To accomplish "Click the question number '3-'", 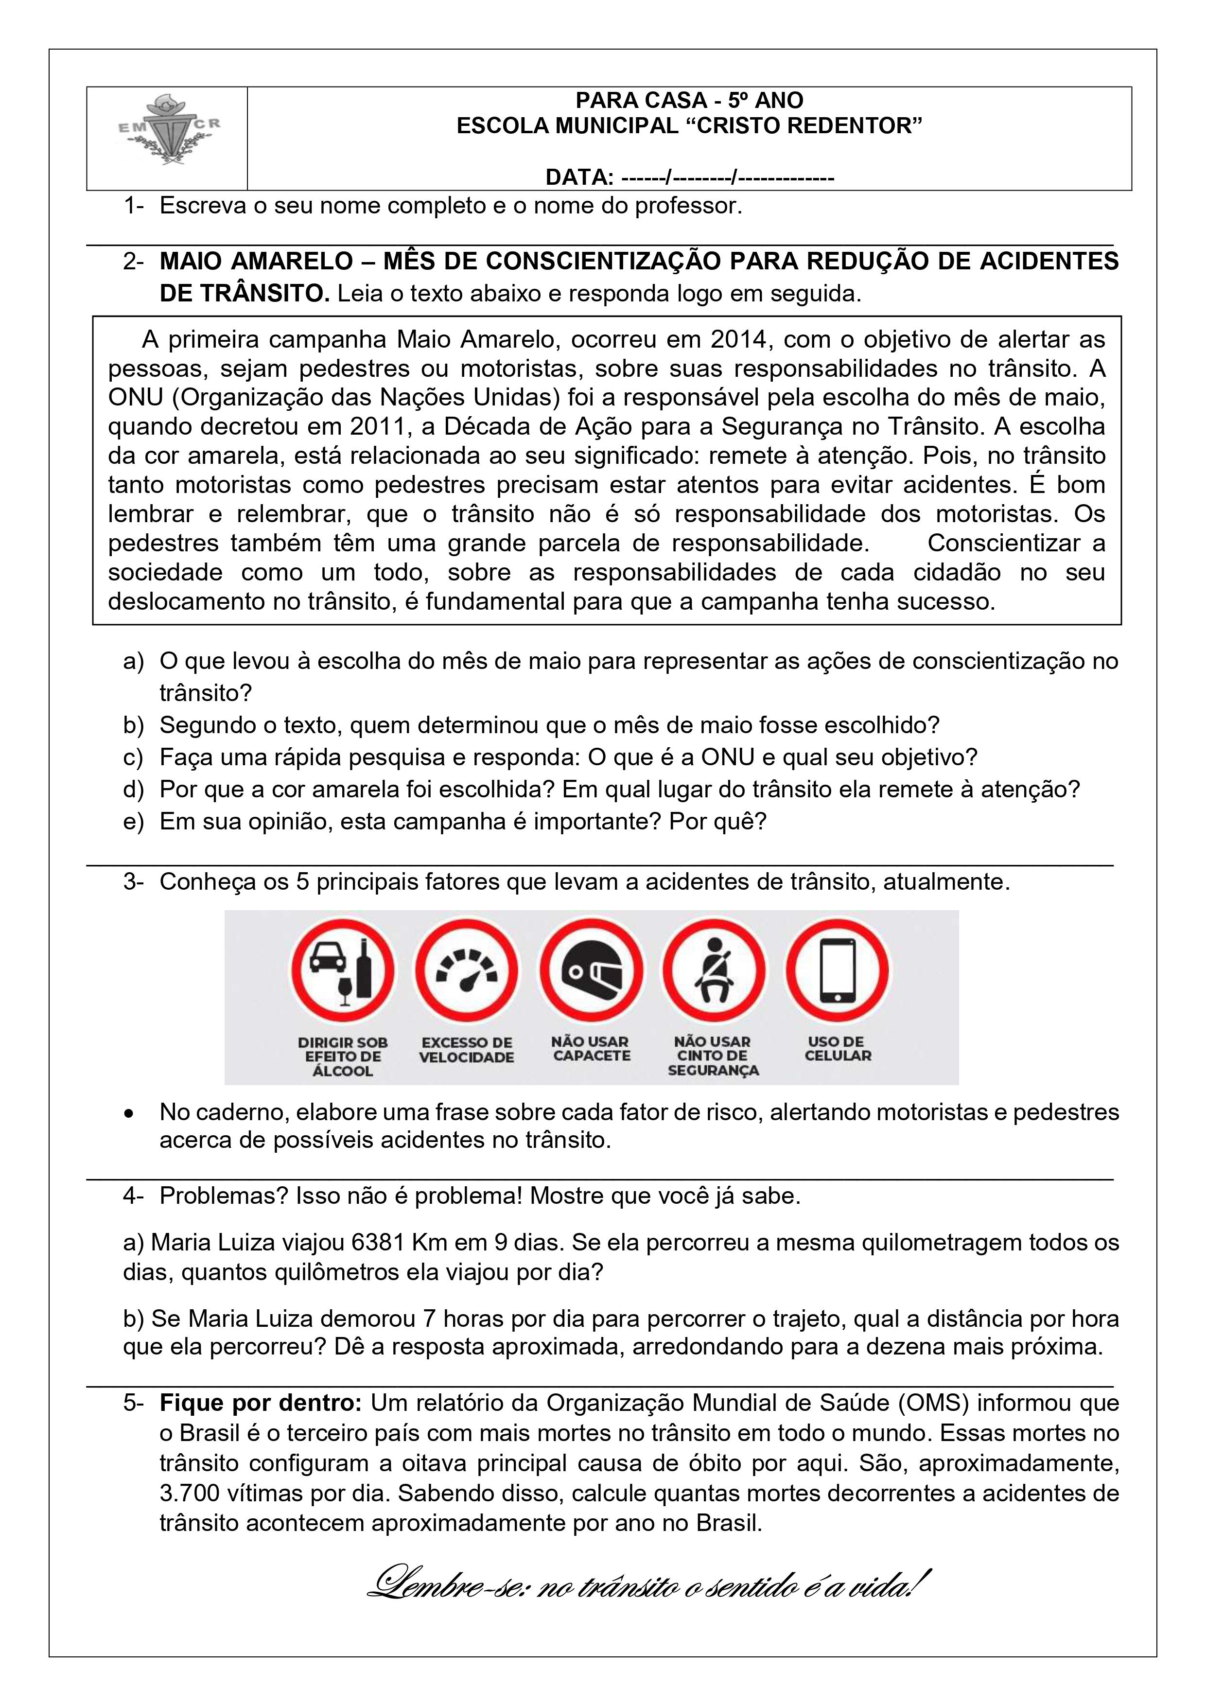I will point(133,882).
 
